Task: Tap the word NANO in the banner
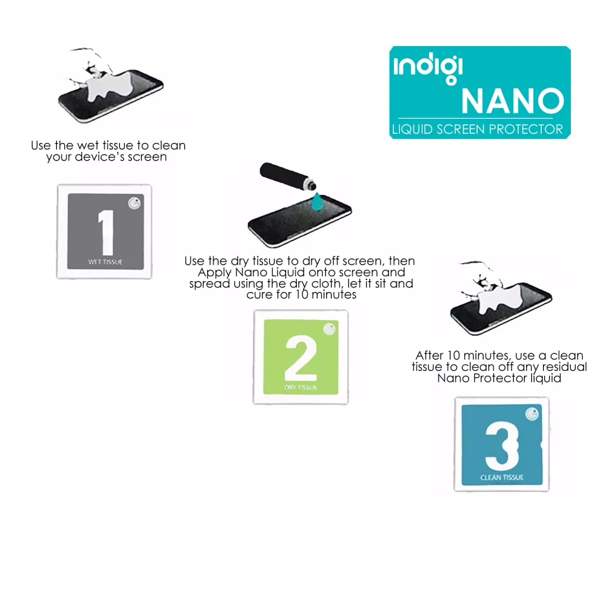(513, 101)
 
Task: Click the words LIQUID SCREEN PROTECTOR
(478, 129)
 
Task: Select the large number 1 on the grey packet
(106, 232)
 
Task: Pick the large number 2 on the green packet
(301, 358)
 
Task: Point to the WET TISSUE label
(105, 262)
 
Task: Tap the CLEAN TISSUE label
(502, 478)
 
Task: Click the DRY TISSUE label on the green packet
(301, 387)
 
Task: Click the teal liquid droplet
(318, 202)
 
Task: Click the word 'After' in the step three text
(430, 355)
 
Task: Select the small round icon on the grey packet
(135, 203)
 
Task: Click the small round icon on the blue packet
(532, 414)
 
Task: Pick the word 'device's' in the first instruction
(96, 157)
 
